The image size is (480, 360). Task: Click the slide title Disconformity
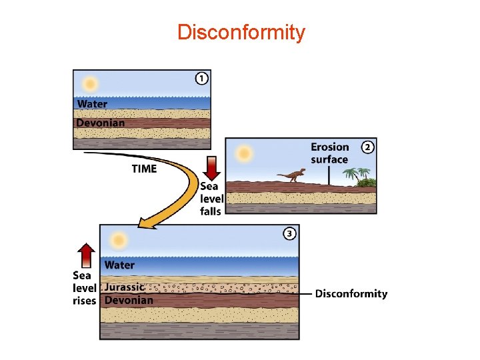(x=241, y=32)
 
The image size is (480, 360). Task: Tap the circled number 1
(x=201, y=79)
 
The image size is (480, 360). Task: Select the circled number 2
(x=367, y=147)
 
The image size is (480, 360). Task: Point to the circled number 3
(x=289, y=233)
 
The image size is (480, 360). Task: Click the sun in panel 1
(x=89, y=85)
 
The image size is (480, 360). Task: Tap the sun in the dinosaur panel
(x=245, y=154)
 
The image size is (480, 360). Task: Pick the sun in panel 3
(x=119, y=239)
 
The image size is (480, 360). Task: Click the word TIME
(x=144, y=169)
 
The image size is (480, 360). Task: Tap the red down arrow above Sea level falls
(x=211, y=166)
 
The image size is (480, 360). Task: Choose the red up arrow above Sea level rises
(x=85, y=255)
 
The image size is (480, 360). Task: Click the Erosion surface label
(x=329, y=153)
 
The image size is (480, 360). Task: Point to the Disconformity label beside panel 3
(x=351, y=293)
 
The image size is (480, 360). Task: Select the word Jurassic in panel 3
(x=124, y=287)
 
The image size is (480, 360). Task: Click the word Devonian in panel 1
(x=100, y=123)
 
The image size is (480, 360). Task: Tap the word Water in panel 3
(x=119, y=265)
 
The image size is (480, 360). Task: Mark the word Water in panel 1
(x=92, y=104)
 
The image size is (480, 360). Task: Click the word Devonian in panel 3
(x=129, y=300)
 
